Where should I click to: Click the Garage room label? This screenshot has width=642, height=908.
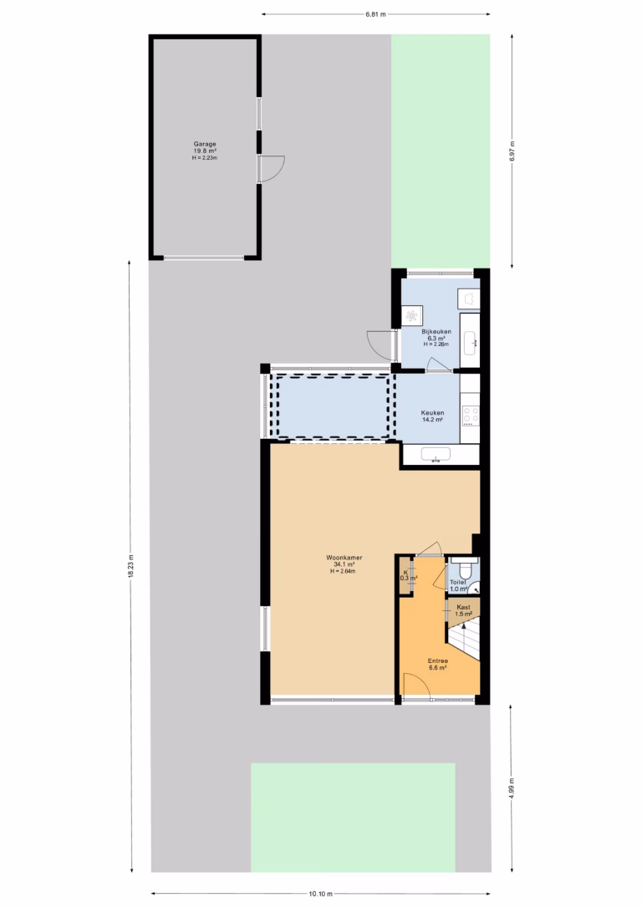[x=205, y=144]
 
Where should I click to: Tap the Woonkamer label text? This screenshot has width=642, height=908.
[x=344, y=558]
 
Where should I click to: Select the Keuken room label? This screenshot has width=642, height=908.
[x=432, y=413]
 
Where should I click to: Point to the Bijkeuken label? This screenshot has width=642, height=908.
[x=436, y=332]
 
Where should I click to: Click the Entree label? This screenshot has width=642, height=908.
[x=438, y=661]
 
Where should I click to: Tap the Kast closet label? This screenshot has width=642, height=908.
[x=463, y=607]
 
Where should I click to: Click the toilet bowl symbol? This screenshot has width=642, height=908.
[x=462, y=567]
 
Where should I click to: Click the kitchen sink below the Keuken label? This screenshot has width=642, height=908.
[x=436, y=455]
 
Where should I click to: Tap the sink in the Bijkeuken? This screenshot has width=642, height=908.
[x=470, y=339]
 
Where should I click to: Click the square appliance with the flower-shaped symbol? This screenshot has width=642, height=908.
[x=411, y=316]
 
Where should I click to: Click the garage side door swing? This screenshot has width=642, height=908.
[x=272, y=169]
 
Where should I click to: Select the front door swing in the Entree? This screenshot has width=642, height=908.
[x=417, y=686]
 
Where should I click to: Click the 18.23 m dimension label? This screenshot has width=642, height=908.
[x=131, y=566]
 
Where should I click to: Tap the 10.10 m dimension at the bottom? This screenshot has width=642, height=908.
[x=320, y=894]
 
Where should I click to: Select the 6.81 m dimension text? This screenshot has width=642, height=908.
[x=375, y=14]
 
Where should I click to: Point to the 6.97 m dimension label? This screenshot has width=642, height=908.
[x=513, y=151]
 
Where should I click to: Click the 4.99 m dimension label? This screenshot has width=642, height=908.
[x=512, y=788]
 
